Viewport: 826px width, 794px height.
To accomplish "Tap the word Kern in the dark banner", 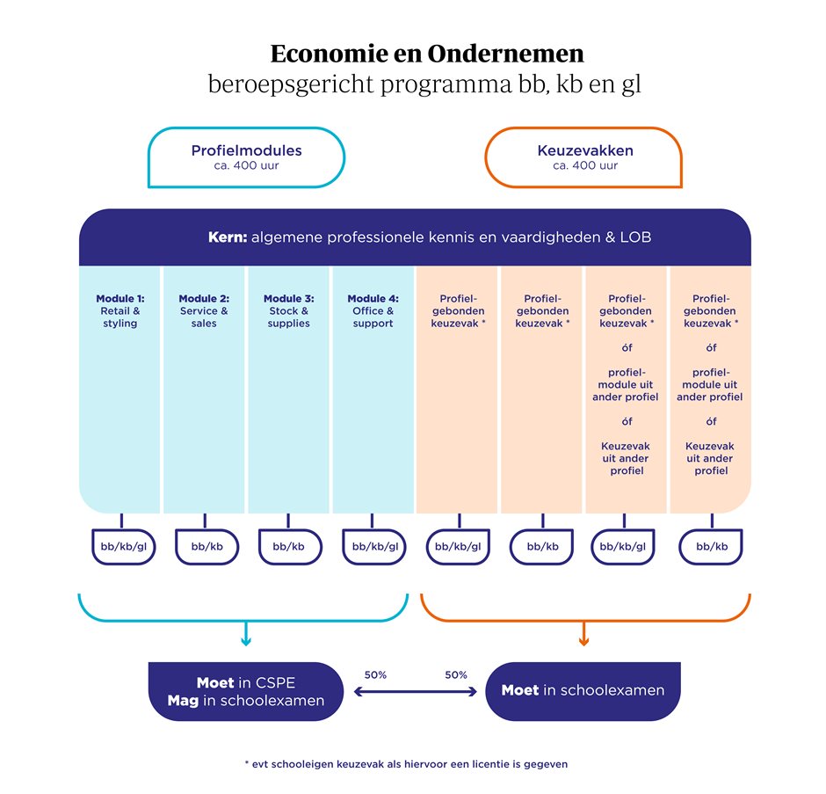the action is pos(228,237).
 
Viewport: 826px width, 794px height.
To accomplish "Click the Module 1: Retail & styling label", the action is pos(120,311).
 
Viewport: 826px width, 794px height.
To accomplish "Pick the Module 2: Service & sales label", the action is pos(204,311).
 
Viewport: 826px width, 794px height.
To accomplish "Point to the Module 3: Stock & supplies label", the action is pos(289,311).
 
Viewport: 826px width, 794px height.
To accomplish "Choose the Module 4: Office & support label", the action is pos(373,311).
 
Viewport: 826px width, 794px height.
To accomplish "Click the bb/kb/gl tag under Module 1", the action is pos(124,547).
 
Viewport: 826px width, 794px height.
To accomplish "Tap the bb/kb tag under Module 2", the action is pos(207,547).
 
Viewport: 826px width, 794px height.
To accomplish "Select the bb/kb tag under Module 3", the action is pos(289,547).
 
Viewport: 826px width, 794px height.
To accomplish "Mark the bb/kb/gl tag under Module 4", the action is pos(374,547).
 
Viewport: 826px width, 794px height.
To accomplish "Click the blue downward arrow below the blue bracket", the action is pos(246,634).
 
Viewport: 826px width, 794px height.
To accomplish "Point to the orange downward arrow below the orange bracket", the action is pos(583,634).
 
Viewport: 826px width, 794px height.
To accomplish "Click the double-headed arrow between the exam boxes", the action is pos(415,692).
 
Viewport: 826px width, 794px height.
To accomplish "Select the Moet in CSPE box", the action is pos(246,691).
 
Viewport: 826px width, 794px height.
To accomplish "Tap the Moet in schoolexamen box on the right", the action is pos(583,691).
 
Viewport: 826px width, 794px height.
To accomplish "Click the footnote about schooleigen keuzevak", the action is pos(406,764).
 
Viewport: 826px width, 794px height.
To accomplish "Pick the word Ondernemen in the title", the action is pos(506,54).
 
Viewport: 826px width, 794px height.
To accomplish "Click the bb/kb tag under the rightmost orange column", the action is pos(712,547).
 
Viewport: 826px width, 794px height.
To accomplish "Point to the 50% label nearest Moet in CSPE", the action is pos(375,674).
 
